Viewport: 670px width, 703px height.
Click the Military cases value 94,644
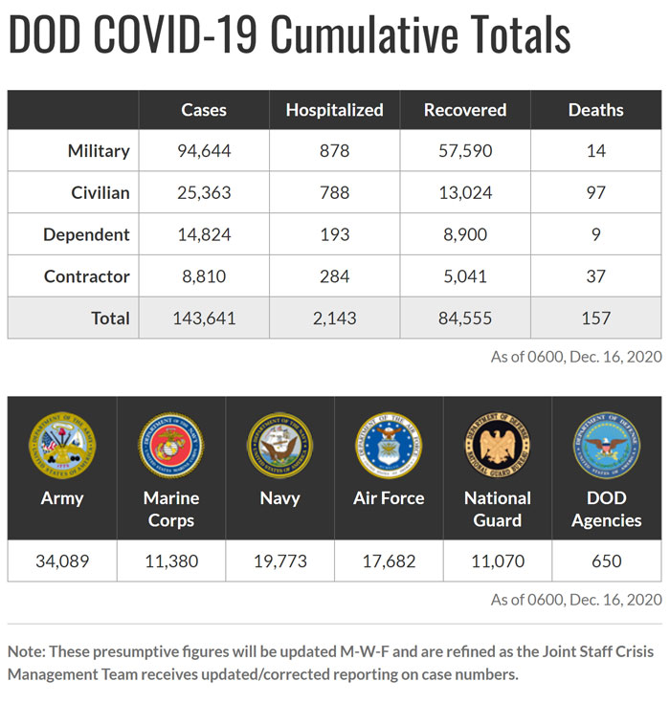(x=204, y=151)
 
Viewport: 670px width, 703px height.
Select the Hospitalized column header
(x=334, y=110)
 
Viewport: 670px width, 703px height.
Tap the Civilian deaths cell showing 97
(x=595, y=193)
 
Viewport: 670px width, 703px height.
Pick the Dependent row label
(x=87, y=235)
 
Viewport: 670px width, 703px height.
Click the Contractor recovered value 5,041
(x=464, y=277)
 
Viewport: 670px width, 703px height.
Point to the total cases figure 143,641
(x=204, y=319)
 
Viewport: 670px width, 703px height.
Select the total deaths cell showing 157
(x=595, y=319)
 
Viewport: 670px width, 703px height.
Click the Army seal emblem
(x=62, y=446)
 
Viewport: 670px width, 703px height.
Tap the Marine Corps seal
(x=170, y=446)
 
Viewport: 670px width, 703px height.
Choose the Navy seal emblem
(x=279, y=446)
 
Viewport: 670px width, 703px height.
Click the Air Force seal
(x=389, y=446)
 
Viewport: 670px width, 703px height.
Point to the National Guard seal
(x=498, y=446)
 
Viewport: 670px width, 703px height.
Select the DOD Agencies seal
(x=607, y=446)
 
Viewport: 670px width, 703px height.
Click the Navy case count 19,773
(x=279, y=561)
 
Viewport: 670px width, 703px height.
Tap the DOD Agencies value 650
(x=607, y=561)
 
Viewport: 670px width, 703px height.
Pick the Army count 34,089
(x=62, y=561)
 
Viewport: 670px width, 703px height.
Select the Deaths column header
(x=595, y=110)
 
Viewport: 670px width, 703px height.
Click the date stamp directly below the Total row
(x=576, y=357)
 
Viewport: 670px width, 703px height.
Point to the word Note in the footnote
(x=26, y=651)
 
